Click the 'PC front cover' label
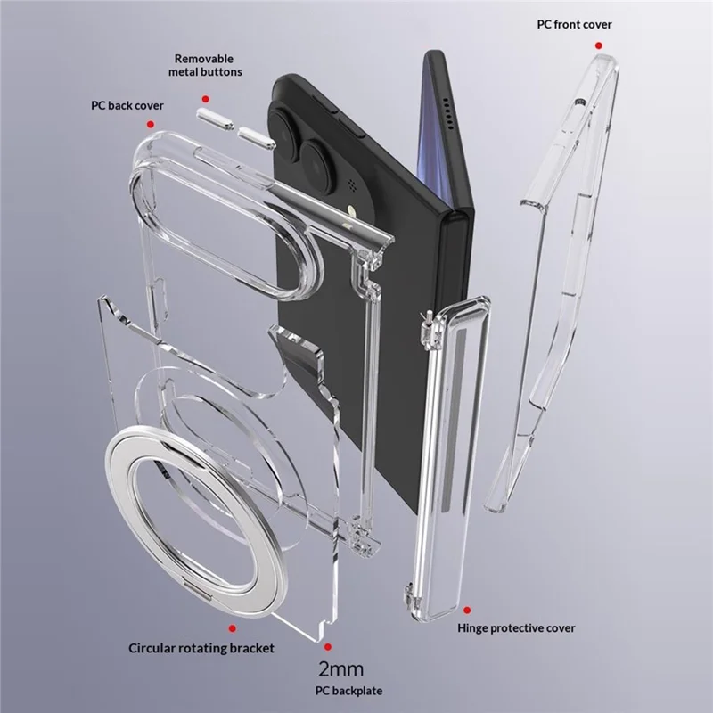tap(574, 25)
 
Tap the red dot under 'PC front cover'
tap(599, 45)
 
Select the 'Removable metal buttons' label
tap(205, 65)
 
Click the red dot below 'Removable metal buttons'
tap(206, 99)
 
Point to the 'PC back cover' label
tap(127, 105)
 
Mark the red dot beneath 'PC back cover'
tap(151, 124)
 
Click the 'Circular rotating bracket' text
tap(201, 648)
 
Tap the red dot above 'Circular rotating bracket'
tap(233, 628)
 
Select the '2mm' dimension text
tap(341, 669)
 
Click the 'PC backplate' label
tap(348, 691)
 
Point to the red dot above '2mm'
tap(328, 647)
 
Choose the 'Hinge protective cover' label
tap(516, 628)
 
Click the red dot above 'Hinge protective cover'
tap(467, 610)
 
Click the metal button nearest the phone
tap(257, 138)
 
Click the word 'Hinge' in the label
tap(473, 628)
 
